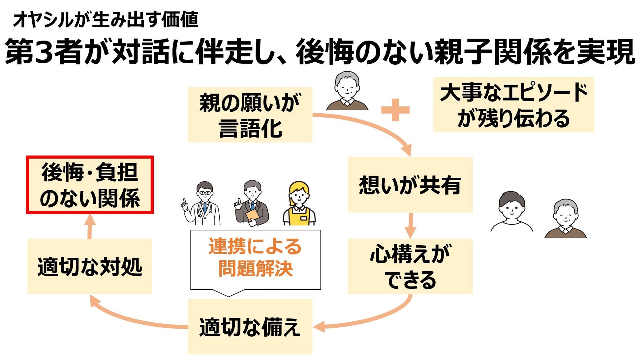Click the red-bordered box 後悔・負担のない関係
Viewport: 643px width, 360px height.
(x=90, y=185)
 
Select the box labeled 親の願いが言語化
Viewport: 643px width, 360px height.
(x=250, y=115)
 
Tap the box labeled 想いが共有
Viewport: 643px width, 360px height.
(x=410, y=185)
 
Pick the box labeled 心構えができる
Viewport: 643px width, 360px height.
(x=410, y=266)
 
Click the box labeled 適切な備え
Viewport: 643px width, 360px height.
(x=250, y=327)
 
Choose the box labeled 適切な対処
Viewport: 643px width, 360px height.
(x=90, y=266)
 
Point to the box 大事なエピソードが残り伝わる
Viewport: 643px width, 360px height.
(x=513, y=105)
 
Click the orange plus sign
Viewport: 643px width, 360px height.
(x=395, y=110)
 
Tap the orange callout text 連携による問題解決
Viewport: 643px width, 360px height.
(x=255, y=258)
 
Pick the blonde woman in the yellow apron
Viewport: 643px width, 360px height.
(x=299, y=204)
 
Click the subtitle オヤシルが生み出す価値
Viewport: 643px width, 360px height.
(x=106, y=20)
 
